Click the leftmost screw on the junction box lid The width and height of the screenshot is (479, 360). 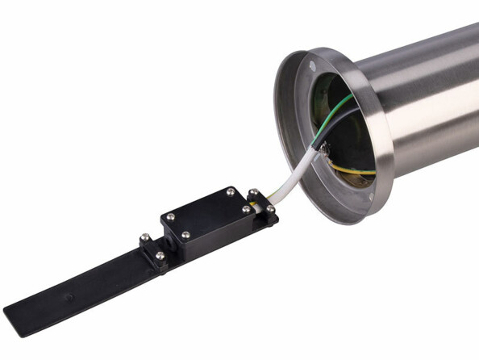point(170,216)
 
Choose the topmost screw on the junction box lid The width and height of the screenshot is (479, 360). point(231,192)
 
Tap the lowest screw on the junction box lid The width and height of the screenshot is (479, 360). point(186,235)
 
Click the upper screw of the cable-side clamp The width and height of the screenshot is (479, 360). point(253,193)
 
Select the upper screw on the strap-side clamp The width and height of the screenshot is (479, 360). point(144,238)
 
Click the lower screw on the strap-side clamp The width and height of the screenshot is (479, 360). point(160,256)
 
